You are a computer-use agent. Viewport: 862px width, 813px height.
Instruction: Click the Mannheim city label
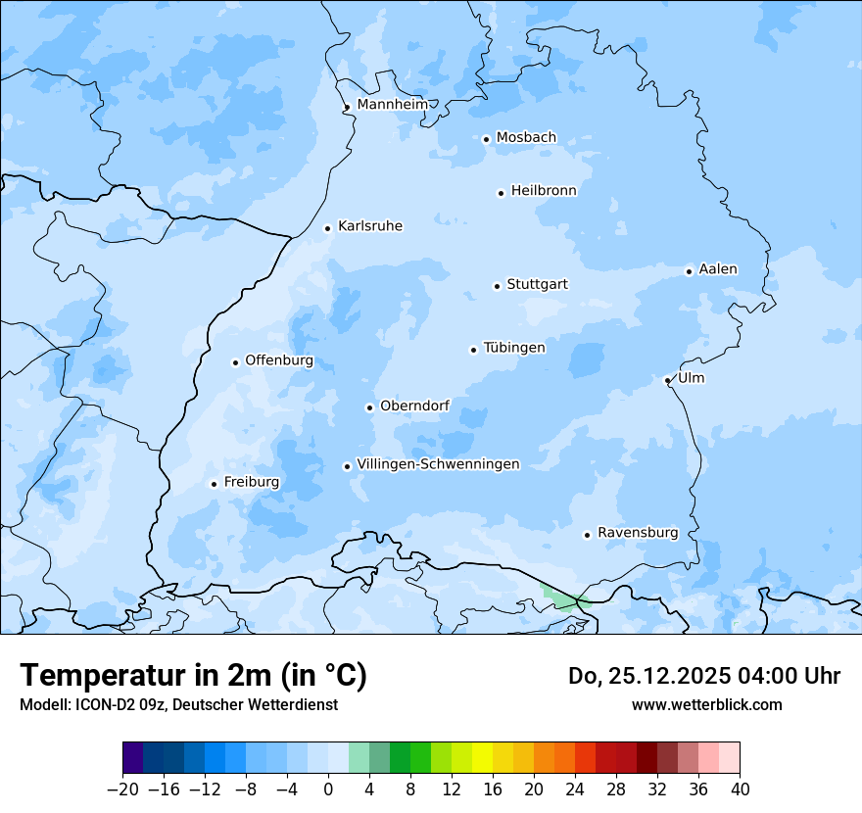pos(392,104)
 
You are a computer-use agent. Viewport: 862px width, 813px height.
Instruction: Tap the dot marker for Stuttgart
pos(497,286)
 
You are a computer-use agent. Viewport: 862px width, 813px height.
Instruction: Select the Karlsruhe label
pos(370,226)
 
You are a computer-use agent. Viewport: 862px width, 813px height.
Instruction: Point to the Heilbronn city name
pos(544,191)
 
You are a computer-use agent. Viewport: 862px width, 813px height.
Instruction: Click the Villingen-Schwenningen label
pos(438,464)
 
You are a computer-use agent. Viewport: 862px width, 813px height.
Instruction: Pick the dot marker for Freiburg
pos(214,484)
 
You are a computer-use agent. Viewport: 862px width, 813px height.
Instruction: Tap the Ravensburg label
pos(638,533)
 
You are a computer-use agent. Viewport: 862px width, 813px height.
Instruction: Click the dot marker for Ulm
pos(668,380)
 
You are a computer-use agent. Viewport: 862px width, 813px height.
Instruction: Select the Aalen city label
pos(718,269)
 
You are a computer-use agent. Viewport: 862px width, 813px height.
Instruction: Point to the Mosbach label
pos(526,138)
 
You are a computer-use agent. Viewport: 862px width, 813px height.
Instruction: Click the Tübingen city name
pos(514,348)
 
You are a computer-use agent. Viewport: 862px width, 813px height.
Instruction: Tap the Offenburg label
pos(279,360)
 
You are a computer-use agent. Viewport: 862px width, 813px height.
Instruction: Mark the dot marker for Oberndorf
pos(369,407)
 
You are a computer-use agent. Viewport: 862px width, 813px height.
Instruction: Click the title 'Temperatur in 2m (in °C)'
pos(193,675)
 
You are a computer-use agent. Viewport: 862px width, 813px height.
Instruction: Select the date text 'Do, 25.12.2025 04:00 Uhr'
pos(703,676)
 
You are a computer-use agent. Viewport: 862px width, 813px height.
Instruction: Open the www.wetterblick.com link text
pos(706,704)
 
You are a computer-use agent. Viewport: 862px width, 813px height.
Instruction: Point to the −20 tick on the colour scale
pos(122,789)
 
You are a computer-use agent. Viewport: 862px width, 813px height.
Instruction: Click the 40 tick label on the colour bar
pos(740,789)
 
